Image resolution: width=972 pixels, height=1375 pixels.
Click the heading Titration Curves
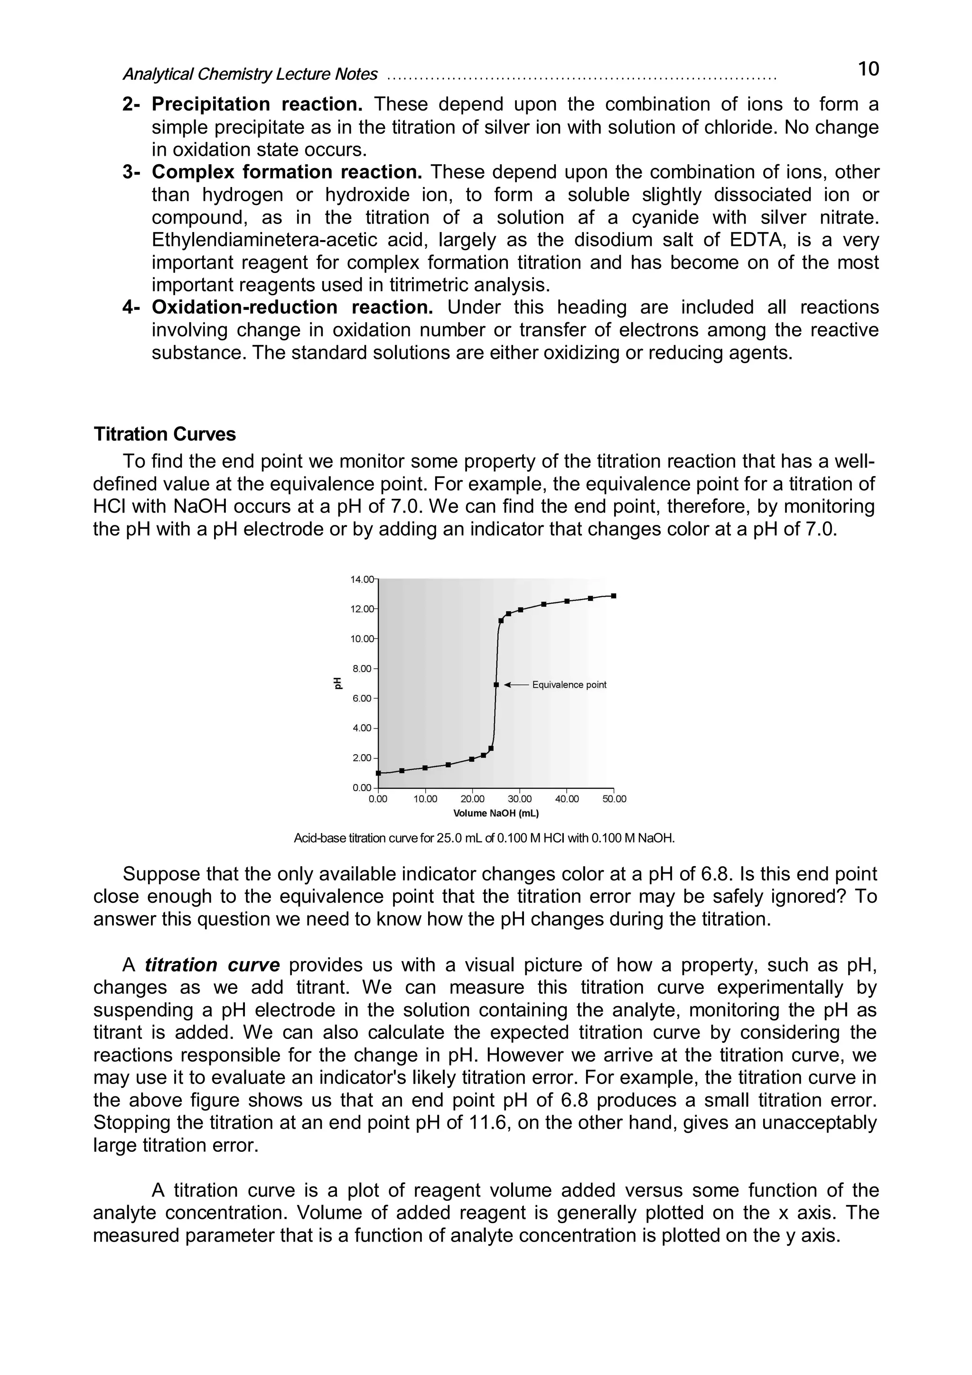(x=165, y=434)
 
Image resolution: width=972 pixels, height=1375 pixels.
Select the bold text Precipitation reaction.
(x=257, y=105)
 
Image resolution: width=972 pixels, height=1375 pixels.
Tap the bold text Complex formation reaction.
(x=287, y=172)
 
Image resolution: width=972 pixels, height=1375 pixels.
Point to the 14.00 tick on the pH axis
(x=362, y=580)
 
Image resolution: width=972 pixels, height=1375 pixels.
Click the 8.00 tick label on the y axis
(x=362, y=669)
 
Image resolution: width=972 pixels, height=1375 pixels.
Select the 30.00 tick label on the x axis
(x=519, y=799)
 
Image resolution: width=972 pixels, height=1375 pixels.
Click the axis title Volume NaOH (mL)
(x=496, y=813)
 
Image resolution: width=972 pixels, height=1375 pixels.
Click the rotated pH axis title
(x=338, y=683)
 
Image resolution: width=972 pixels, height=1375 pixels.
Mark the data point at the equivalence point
(x=496, y=684)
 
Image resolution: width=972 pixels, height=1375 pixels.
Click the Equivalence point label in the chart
(x=569, y=685)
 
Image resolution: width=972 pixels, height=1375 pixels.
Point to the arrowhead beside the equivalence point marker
(x=507, y=684)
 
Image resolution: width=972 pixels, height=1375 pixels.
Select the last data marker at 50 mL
(x=614, y=596)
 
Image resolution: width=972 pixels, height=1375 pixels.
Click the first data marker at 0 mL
(x=378, y=773)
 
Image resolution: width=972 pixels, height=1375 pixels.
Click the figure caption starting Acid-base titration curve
(x=484, y=838)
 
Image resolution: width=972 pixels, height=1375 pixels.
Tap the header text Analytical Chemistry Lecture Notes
(x=250, y=74)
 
